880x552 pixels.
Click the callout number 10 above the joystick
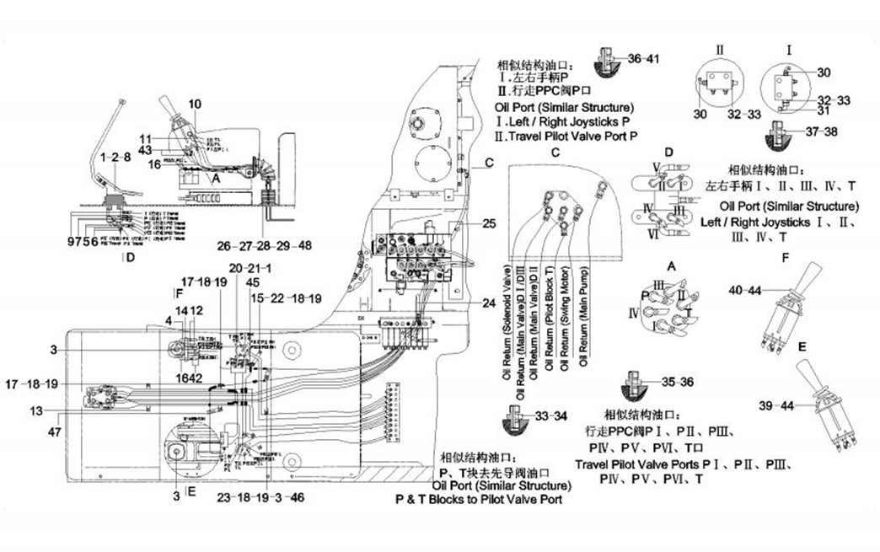[195, 105]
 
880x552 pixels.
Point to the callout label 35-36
[677, 382]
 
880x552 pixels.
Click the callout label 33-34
[552, 415]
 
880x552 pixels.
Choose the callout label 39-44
[777, 405]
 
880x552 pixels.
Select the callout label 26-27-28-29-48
[264, 246]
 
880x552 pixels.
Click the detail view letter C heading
[555, 153]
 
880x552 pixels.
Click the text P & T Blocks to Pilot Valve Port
[479, 499]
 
